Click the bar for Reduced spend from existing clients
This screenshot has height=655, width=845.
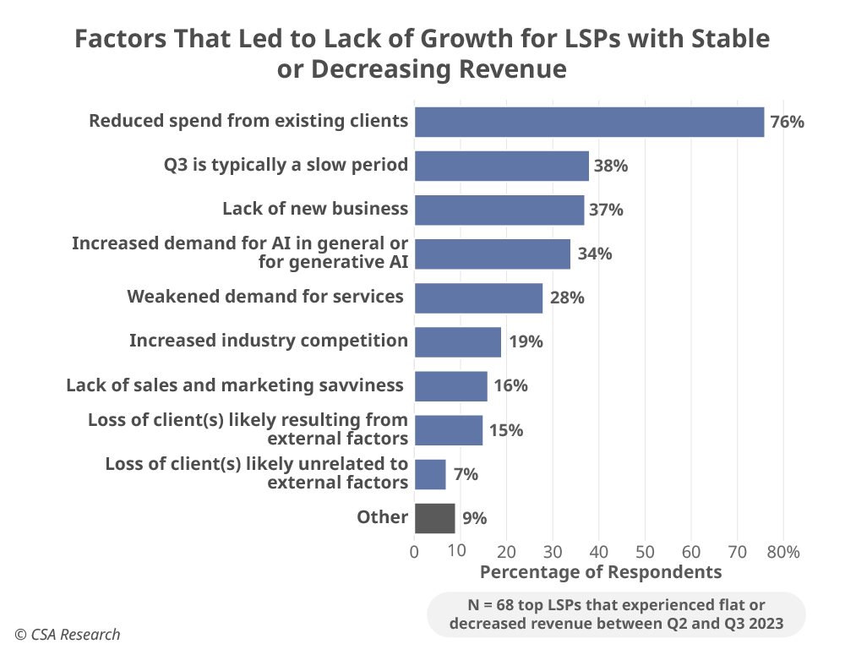589,122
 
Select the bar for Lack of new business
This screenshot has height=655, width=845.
499,210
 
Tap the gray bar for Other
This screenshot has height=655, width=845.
434,518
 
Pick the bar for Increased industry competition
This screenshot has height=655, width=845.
457,341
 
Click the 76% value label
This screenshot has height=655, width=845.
787,122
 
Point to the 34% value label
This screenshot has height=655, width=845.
595,254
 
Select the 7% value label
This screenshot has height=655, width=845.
466,474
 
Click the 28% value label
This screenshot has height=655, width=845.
567,297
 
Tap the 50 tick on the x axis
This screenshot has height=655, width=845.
645,552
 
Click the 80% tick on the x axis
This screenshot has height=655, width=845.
782,552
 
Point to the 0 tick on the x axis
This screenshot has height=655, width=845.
414,552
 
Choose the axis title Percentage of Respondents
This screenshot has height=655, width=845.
601,572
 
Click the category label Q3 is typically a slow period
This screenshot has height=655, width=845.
286,165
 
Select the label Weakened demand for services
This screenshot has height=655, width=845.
265,297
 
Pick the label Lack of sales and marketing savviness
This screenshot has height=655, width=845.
235,385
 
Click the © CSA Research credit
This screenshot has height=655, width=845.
68,635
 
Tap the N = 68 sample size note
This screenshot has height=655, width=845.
617,614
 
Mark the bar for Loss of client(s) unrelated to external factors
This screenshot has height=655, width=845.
430,474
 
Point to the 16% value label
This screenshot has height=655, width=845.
511,385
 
